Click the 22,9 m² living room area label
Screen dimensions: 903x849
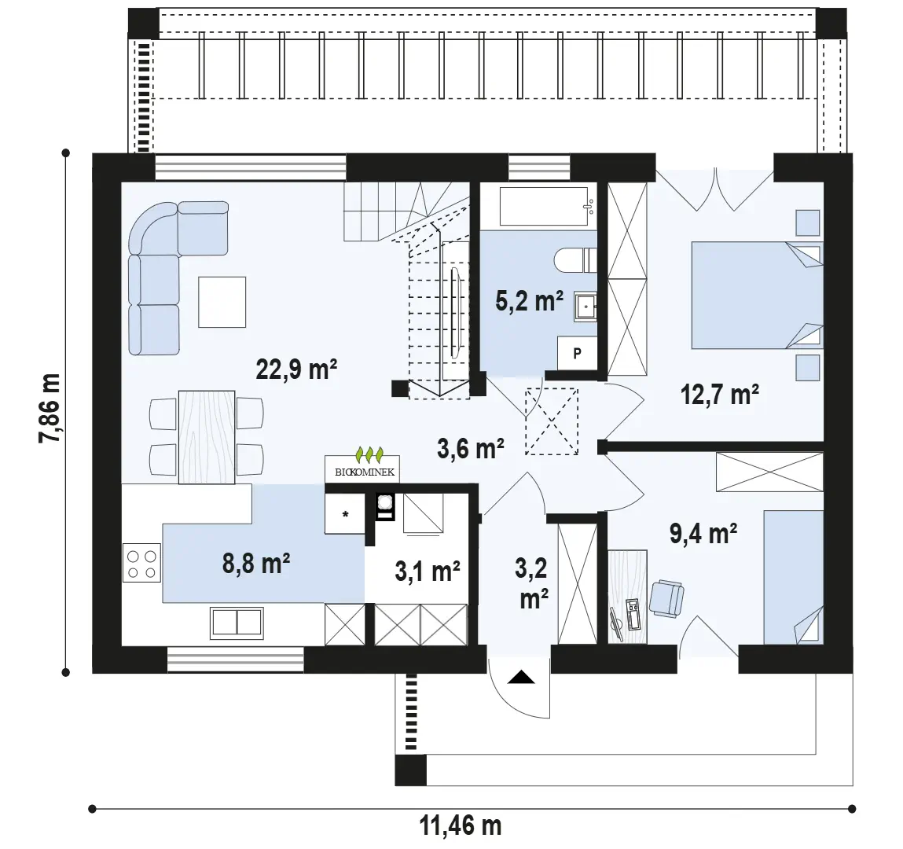click(296, 369)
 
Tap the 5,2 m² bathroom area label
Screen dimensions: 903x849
click(529, 300)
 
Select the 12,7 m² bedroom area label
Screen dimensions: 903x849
click(719, 395)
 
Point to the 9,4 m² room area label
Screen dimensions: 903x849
click(703, 533)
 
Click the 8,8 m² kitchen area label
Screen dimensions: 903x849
click(255, 564)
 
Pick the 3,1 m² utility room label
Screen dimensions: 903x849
click(428, 571)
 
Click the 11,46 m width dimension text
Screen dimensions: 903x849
click(460, 826)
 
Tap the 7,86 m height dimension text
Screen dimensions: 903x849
click(50, 408)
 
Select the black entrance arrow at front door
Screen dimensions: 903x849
click(521, 677)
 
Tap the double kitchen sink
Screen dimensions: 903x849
click(237, 623)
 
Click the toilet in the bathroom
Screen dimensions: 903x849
click(575, 259)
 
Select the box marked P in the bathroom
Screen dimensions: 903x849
click(577, 353)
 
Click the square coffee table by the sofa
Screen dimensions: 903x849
click(222, 302)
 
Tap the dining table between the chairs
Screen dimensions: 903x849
click(207, 436)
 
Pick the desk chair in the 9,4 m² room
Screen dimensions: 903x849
click(666, 599)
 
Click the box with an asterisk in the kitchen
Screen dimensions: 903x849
click(345, 514)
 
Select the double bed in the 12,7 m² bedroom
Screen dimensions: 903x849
click(758, 295)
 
